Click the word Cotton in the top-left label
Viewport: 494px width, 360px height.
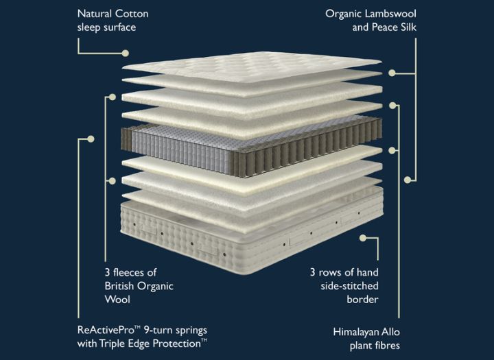tap(131, 14)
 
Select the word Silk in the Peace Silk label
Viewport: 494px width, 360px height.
tap(409, 27)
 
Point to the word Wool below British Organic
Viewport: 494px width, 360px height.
tap(117, 299)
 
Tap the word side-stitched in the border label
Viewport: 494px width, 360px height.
tap(350, 286)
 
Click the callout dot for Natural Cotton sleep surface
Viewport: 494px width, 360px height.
tap(126, 53)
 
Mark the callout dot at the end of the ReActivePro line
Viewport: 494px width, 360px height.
tap(91, 139)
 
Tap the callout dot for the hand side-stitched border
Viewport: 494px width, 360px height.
tap(363, 238)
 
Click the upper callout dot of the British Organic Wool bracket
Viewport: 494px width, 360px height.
tap(112, 97)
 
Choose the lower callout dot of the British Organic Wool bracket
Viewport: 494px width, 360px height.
tap(112, 181)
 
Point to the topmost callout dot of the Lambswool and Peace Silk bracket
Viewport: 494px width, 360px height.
tap(392, 73)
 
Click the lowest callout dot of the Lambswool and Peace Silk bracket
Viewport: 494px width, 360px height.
tap(408, 180)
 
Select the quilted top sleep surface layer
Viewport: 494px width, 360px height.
tap(252, 67)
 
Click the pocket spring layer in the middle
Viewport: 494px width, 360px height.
tap(251, 147)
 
